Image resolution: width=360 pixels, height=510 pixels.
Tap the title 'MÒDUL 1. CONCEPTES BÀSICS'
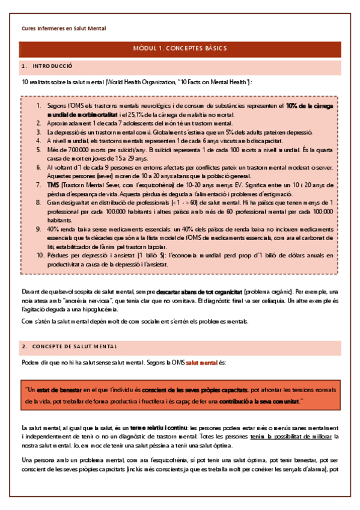180,49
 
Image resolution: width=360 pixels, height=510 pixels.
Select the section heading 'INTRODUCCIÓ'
52,65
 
